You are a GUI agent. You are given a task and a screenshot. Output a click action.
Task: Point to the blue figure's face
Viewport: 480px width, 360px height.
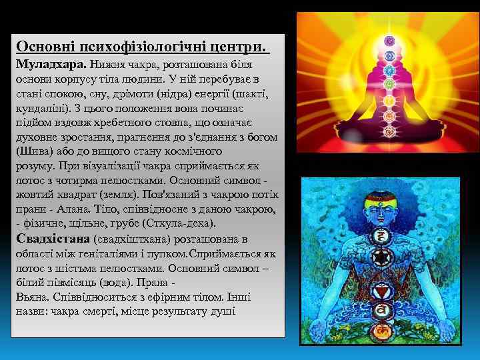pos(382,213)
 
